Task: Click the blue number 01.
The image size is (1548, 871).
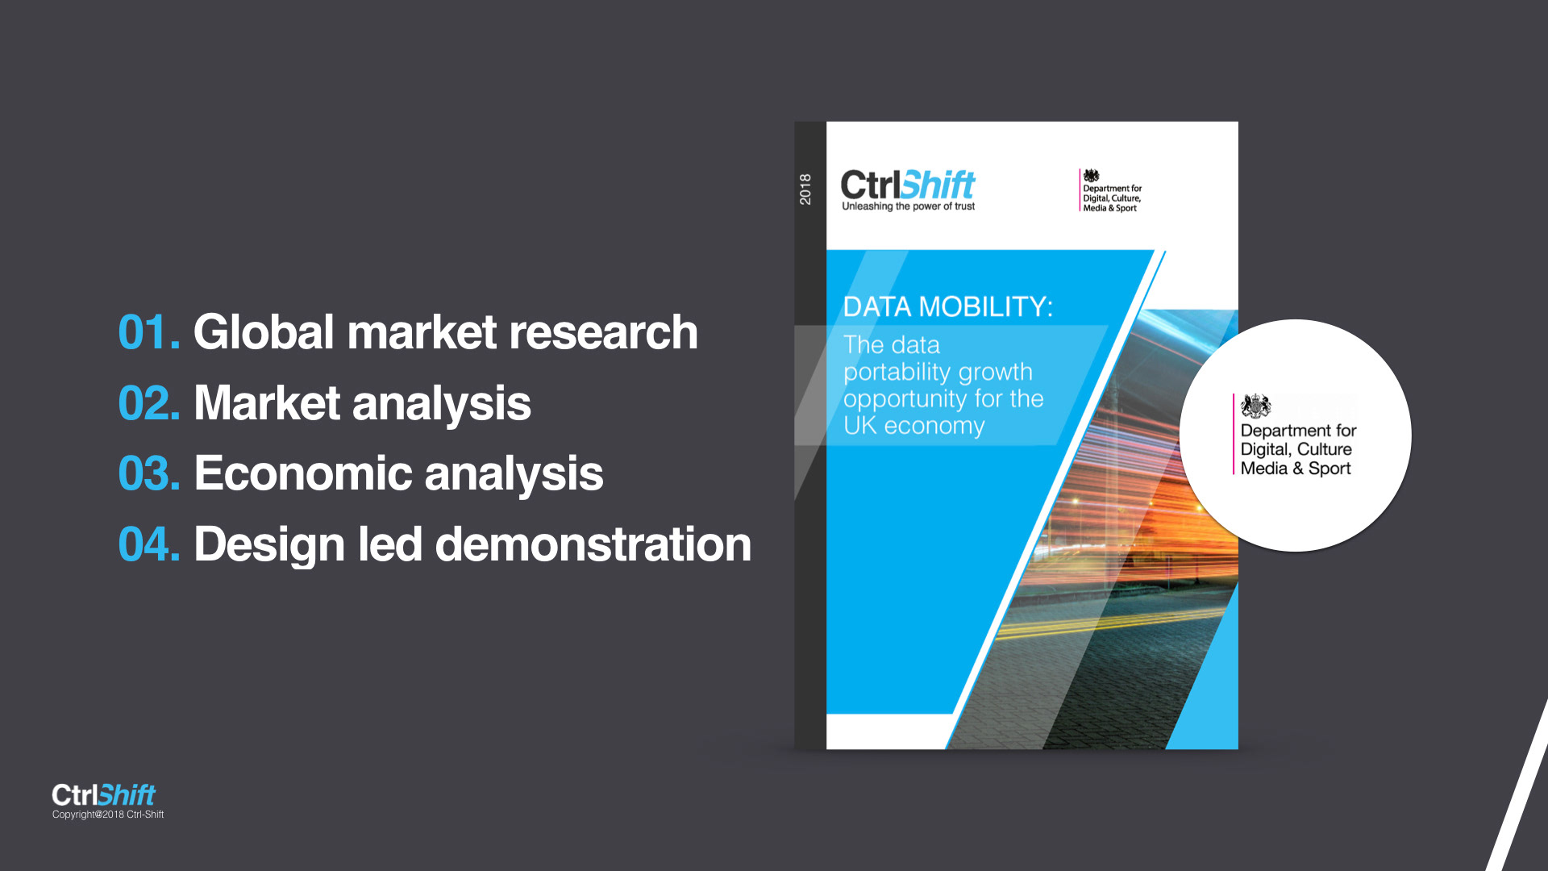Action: coord(149,332)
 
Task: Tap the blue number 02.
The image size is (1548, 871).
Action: coord(149,403)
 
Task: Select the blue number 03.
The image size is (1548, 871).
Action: coord(149,473)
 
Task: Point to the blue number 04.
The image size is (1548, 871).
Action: coord(149,544)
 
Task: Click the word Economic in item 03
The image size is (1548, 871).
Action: coord(303,473)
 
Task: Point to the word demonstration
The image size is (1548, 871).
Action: coord(593,544)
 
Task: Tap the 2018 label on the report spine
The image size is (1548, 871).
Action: coord(805,189)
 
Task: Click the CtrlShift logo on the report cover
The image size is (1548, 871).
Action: coord(908,185)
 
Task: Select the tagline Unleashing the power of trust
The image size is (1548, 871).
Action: coord(909,206)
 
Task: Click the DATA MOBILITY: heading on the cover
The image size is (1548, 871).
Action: coord(947,306)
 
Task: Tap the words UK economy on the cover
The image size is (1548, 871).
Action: coord(914,426)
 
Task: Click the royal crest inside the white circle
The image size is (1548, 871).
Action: coord(1255,406)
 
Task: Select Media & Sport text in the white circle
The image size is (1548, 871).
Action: coord(1296,469)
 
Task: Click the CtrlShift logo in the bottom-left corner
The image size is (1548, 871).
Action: coord(103,795)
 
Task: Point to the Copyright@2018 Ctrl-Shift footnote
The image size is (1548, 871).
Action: coord(108,815)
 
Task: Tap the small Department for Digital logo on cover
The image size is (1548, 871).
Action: coord(1111,191)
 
